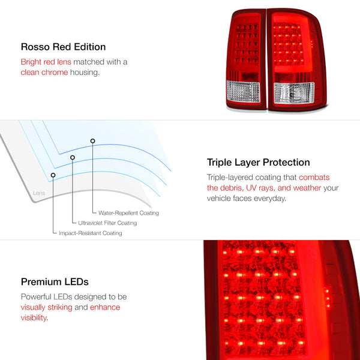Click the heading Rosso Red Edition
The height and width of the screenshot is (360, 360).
63,47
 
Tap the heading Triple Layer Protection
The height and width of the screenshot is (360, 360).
258,162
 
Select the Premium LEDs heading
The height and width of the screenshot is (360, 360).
55,281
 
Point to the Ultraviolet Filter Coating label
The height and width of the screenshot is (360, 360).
107,223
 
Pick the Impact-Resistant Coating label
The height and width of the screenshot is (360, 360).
90,233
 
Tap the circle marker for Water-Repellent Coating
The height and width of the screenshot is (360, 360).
92,141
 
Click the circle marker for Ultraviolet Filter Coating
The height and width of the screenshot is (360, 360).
73,158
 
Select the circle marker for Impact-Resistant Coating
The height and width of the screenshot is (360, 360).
53,175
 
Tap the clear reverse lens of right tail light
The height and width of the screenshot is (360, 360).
295,93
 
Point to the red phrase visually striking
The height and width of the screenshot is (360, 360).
46,307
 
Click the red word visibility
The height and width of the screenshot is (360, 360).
34,317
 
